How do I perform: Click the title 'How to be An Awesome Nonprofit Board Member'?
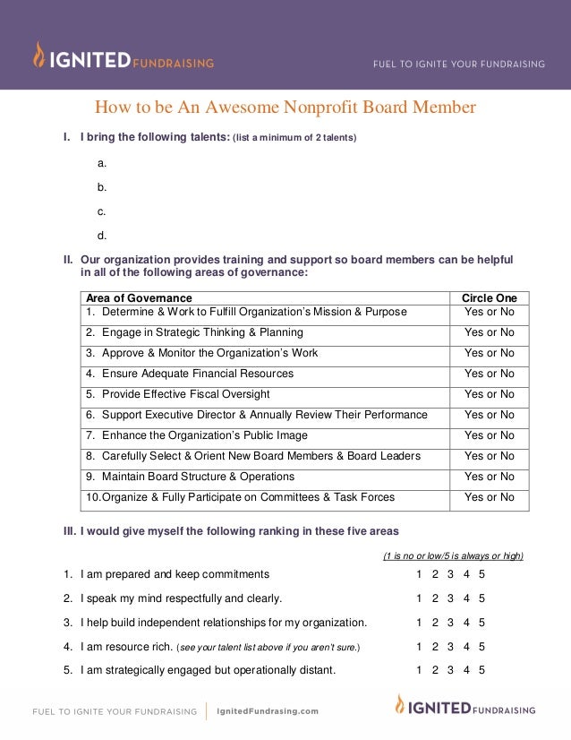click(285, 108)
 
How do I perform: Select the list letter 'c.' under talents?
click(102, 211)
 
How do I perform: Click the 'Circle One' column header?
click(489, 297)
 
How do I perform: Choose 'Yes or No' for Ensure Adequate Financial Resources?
click(489, 374)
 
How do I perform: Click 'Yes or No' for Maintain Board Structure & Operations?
click(489, 477)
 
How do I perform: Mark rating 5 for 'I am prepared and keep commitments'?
click(482, 574)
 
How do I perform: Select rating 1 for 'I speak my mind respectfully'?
click(419, 598)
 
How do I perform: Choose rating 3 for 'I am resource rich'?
click(450, 646)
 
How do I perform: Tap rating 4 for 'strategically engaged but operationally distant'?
click(466, 669)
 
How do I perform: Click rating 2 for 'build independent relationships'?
click(435, 622)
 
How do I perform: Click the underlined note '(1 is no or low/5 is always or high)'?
click(453, 555)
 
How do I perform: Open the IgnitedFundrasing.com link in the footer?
click(268, 711)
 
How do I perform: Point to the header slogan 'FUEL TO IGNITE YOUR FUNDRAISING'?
click(459, 64)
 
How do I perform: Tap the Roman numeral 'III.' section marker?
click(69, 530)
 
